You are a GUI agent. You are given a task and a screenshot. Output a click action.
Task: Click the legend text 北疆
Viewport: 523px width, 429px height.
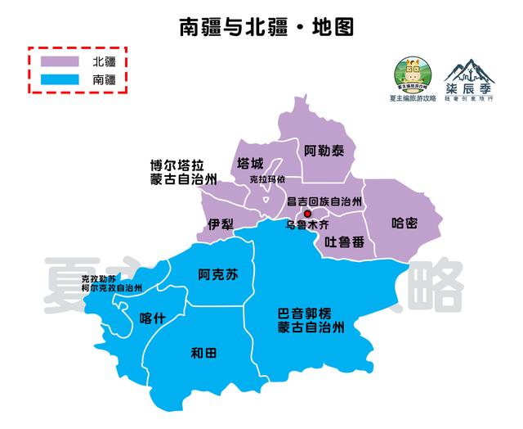[x=104, y=62]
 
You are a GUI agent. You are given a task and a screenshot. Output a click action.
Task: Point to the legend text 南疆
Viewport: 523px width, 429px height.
[x=104, y=80]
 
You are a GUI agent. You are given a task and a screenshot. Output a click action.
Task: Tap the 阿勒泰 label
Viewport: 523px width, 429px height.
[x=324, y=151]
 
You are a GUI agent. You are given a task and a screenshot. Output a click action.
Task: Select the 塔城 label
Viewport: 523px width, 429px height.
[x=250, y=163]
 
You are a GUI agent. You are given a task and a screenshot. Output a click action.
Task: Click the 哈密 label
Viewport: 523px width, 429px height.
[x=405, y=223]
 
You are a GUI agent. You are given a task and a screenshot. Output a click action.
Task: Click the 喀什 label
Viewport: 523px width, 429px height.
[x=153, y=318]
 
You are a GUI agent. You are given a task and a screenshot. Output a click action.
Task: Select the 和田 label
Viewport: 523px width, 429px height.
[x=203, y=354]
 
